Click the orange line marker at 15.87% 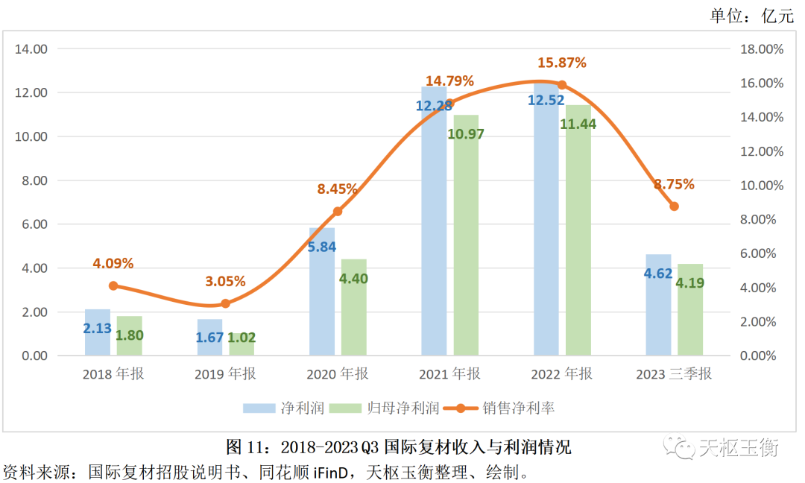(562, 85)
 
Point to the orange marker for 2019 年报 (225, 303)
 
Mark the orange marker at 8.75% (674, 206)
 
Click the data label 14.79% (450, 80)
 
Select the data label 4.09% (113, 263)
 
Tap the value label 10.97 (466, 134)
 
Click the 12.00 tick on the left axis (31, 93)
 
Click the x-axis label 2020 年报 (337, 374)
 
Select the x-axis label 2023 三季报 (674, 374)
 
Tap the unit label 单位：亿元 (752, 16)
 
